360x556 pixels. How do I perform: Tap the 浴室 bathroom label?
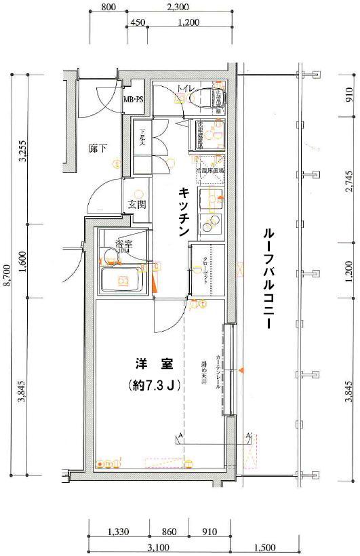(x=123, y=243)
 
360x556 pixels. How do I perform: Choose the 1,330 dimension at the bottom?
(x=118, y=531)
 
